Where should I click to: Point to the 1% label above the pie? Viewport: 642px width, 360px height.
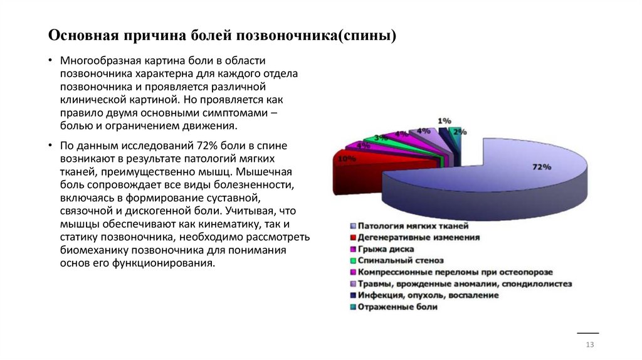pos(444,120)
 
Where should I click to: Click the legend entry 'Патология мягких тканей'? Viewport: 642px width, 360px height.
pos(413,225)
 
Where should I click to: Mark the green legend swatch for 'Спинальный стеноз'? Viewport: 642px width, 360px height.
pos(354,261)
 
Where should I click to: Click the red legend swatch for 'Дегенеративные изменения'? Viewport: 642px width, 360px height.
pos(354,238)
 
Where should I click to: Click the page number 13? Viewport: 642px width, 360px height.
pos(589,346)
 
